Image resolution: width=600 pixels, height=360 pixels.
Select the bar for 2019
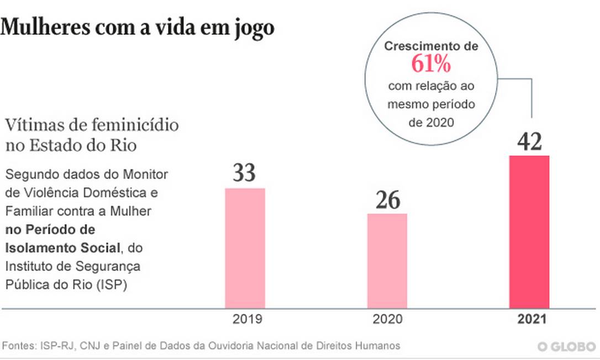tap(245, 248)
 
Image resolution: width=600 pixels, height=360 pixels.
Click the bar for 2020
tap(387, 261)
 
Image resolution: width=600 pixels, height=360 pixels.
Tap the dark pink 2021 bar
tap(529, 232)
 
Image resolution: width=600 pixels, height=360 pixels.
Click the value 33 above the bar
tap(244, 173)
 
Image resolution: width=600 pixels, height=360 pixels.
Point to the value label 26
tap(387, 200)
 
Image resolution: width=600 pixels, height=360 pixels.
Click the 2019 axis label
tap(245, 320)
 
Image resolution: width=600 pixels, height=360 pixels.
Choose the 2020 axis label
tap(387, 320)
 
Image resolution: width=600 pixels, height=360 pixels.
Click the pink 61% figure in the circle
tap(431, 65)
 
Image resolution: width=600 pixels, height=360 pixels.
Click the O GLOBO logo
tap(566, 347)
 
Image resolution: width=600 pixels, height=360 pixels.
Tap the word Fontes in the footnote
tap(18, 346)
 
